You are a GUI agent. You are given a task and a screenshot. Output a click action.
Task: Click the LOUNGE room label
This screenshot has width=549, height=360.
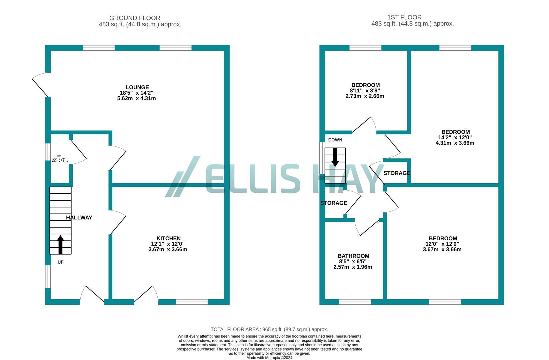coord(137,87)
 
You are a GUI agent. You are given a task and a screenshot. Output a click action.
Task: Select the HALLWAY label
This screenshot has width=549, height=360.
coord(79,218)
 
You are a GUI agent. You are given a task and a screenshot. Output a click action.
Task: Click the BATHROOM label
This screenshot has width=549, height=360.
coord(353,256)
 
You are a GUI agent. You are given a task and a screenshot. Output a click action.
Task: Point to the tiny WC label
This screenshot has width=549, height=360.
coord(59,156)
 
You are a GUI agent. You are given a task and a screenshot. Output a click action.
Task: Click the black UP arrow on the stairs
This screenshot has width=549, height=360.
coord(60,245)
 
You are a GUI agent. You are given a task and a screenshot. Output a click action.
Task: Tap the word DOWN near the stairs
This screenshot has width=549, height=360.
coord(335,140)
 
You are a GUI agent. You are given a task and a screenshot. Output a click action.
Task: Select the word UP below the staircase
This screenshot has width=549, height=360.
coord(60,262)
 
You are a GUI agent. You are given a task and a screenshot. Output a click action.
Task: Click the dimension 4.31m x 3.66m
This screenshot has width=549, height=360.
coord(455,143)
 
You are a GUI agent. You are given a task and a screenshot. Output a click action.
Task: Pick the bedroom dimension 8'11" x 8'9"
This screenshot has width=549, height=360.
coord(365,91)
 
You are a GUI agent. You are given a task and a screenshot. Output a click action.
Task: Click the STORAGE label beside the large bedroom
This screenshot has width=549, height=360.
coord(397,173)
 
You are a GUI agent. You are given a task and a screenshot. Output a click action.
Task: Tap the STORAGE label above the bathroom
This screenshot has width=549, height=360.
coord(334,203)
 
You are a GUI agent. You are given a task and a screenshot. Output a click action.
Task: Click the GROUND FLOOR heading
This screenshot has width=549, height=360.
coord(135,18)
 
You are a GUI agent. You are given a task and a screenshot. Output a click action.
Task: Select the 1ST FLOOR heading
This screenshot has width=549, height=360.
coord(404,17)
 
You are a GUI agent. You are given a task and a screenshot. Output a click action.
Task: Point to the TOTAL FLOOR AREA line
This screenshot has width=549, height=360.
coord(269,329)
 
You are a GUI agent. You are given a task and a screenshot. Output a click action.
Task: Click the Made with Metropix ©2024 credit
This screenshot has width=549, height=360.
coord(269,358)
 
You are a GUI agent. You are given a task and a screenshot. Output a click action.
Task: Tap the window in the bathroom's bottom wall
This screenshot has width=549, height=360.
coord(355,302)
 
